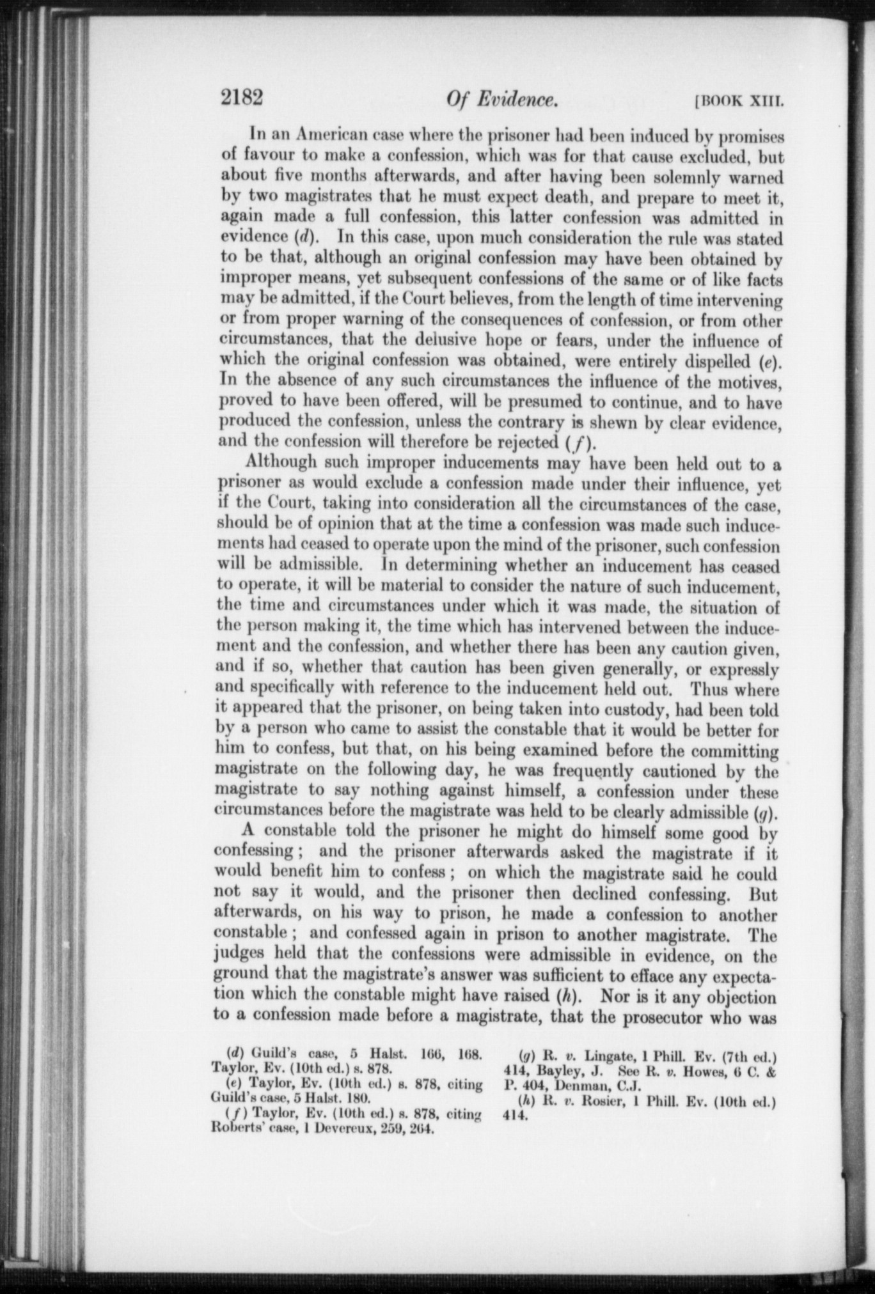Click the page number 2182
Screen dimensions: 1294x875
coord(242,98)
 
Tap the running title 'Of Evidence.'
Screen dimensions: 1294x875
coord(500,100)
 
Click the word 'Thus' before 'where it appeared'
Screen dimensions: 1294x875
coord(710,690)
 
